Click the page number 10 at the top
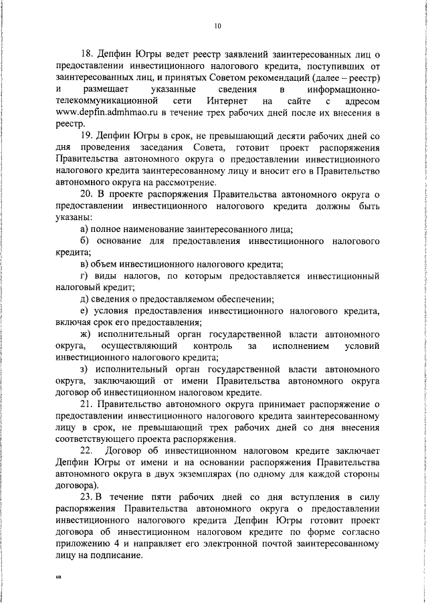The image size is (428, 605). point(217,26)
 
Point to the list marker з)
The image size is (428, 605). point(85,368)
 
